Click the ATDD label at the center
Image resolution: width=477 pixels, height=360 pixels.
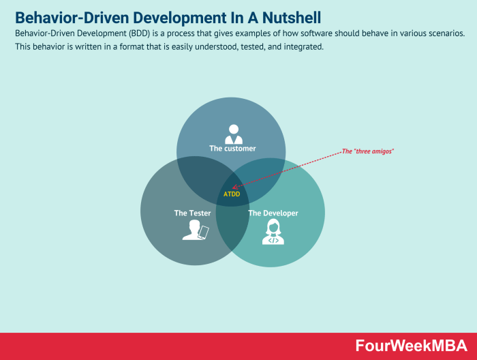(232, 194)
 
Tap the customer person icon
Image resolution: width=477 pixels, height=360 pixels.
(234, 134)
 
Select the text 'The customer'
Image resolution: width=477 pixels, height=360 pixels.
(232, 148)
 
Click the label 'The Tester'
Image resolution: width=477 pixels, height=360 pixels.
(192, 213)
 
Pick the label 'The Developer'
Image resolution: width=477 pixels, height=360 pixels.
(273, 213)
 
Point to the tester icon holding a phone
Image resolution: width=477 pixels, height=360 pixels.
(195, 231)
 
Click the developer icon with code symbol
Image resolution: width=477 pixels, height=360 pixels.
(273, 232)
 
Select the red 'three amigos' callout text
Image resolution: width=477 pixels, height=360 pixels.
(367, 151)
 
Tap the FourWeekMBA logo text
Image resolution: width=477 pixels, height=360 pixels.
(411, 346)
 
